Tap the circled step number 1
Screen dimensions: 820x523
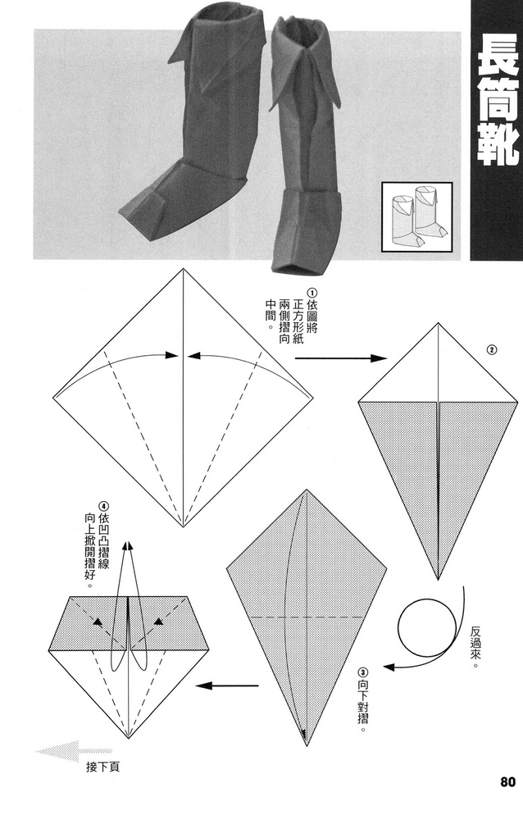pos(312,293)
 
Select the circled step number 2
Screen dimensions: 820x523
pos(491,350)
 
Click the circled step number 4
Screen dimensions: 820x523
pos(103,506)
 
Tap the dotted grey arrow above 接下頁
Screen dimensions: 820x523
pos(74,749)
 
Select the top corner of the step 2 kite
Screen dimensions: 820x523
pos(439,323)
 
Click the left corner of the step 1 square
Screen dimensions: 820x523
pos(53,399)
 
